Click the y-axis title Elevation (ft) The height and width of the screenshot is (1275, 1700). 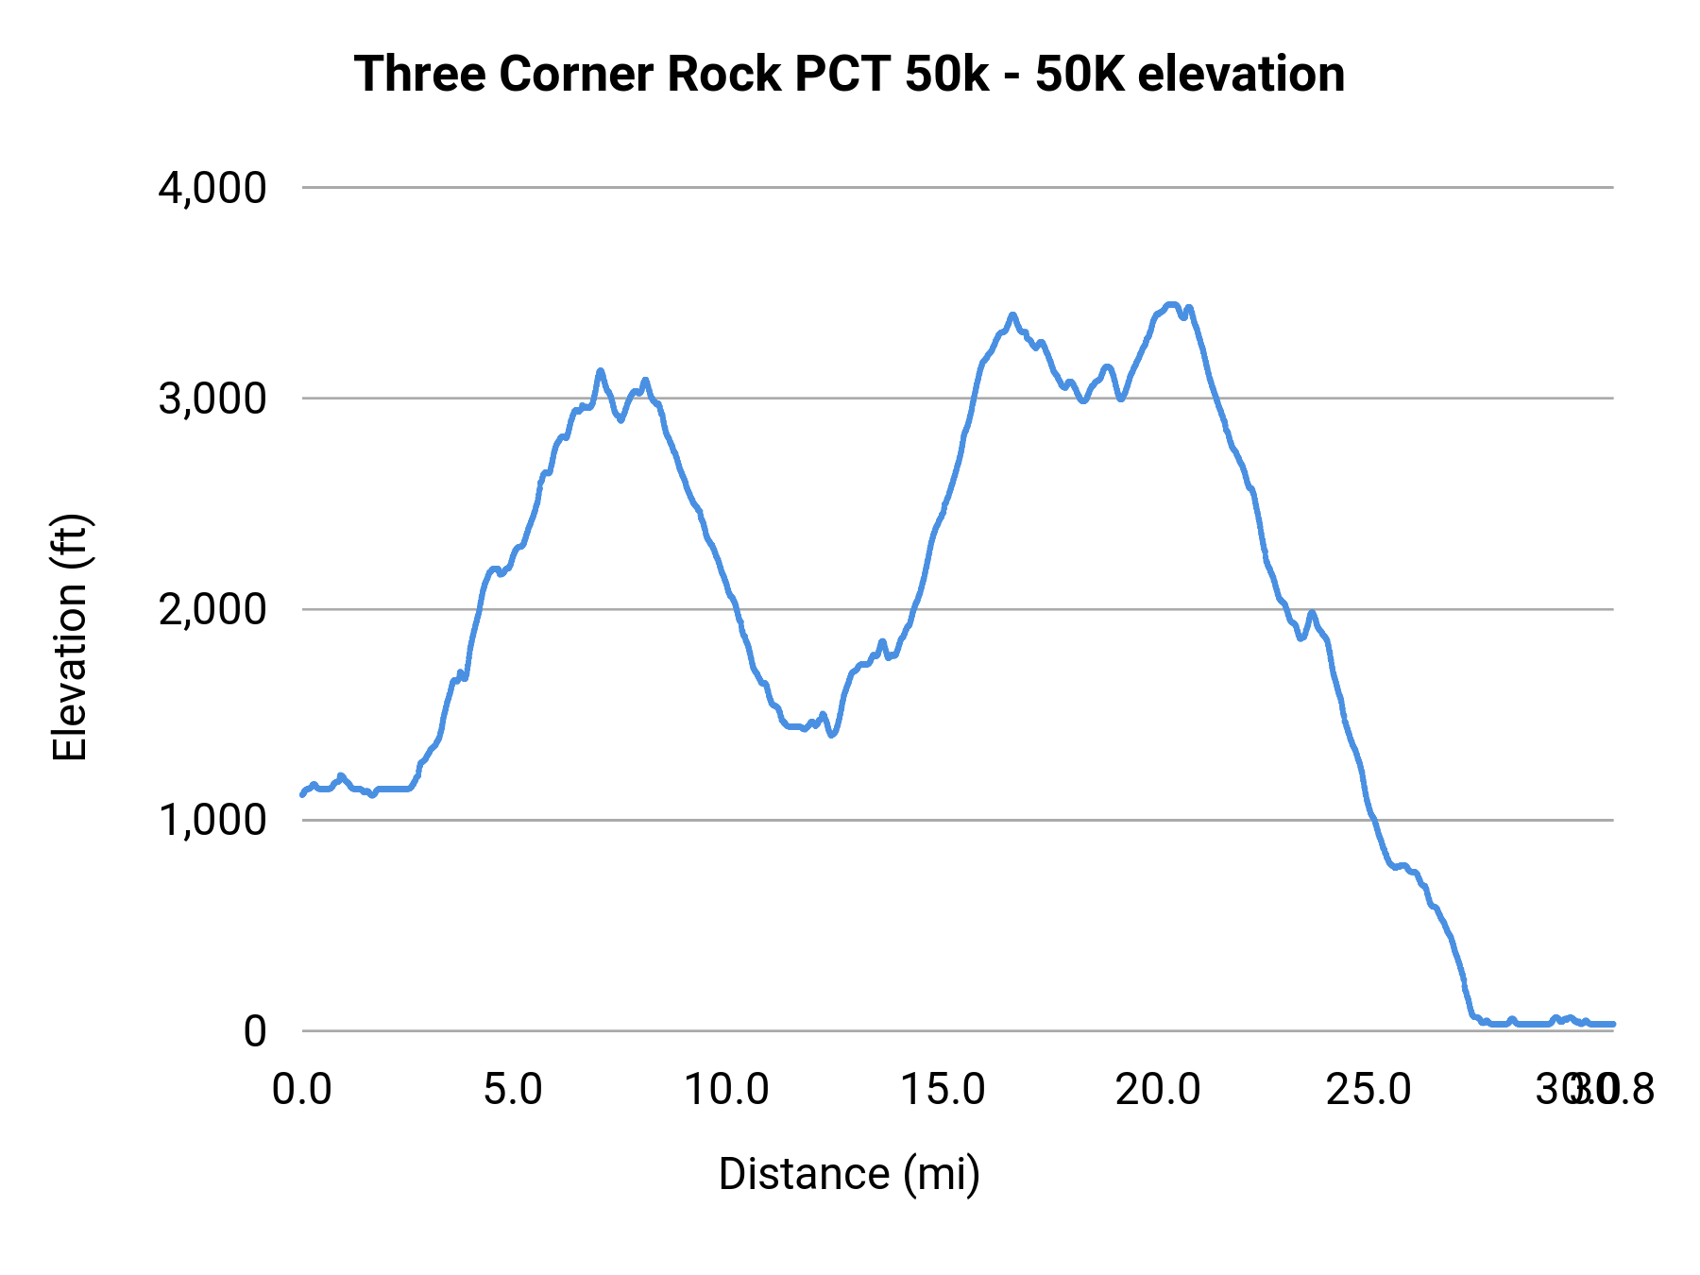click(69, 638)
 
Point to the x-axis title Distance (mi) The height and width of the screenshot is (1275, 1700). click(849, 1174)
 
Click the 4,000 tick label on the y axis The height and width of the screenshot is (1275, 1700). click(212, 188)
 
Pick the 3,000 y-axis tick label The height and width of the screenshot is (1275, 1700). click(212, 399)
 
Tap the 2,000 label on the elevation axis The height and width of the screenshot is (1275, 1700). click(212, 609)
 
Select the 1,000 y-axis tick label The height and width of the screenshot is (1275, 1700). click(212, 820)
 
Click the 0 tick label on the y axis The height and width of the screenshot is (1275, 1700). click(255, 1030)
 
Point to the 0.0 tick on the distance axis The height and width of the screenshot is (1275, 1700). click(302, 1089)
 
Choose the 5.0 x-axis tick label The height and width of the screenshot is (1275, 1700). click(513, 1089)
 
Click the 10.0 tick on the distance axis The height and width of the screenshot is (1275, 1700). click(726, 1089)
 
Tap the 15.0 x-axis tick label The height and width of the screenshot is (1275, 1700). click(943, 1089)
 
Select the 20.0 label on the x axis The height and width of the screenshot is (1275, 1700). click(1157, 1089)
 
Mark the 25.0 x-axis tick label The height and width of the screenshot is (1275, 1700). click(1368, 1089)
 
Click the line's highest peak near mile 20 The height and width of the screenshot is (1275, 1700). click(1171, 304)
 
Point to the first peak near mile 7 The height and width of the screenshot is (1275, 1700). click(600, 370)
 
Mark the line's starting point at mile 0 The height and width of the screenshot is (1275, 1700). click(302, 794)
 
